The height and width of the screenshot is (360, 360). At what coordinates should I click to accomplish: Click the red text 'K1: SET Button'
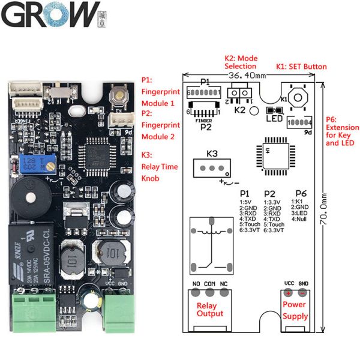click(301, 67)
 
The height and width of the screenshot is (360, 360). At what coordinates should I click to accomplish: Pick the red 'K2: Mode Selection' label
click(241, 62)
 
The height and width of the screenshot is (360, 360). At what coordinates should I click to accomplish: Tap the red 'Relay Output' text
click(210, 309)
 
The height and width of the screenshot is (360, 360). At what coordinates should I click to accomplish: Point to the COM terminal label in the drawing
click(209, 284)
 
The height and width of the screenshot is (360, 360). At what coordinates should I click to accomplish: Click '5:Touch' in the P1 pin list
click(250, 224)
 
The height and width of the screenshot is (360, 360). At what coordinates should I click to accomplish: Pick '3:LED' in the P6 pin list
click(300, 213)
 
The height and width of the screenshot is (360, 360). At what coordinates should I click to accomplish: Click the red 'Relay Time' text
click(159, 166)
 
